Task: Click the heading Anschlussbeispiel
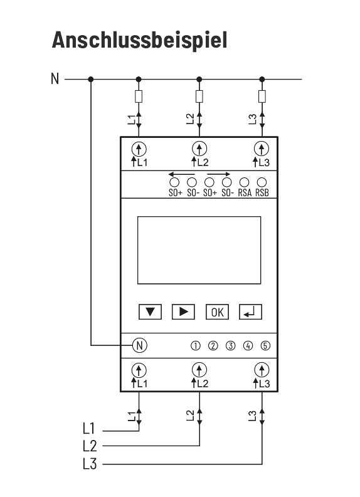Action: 140,40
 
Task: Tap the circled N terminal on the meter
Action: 140,345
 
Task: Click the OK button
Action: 217,312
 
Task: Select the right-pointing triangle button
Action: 183,312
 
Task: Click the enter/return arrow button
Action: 251,312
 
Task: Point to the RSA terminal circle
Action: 244,182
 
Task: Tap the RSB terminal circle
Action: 262,182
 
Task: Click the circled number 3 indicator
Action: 231,346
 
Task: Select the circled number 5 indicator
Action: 265,346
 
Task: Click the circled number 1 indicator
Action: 196,346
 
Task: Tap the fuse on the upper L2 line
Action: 199,97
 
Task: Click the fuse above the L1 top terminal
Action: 139,97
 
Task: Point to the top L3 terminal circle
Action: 262,149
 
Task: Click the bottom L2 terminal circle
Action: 199,370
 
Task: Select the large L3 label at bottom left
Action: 90,464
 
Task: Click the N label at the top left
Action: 55,78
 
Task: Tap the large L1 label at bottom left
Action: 89,428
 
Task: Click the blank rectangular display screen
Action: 199,250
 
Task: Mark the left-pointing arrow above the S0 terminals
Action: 181,174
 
